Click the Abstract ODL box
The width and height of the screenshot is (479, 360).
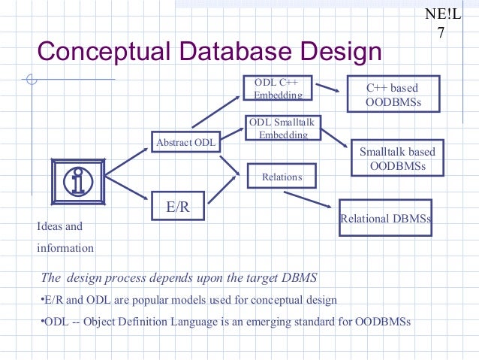tap(184, 141)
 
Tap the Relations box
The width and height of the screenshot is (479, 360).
tap(282, 177)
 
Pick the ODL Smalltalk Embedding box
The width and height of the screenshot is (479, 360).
tap(283, 128)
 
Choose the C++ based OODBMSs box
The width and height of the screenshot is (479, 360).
tap(392, 95)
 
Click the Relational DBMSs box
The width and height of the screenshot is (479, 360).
tap(386, 219)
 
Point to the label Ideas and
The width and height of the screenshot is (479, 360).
tap(59, 225)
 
